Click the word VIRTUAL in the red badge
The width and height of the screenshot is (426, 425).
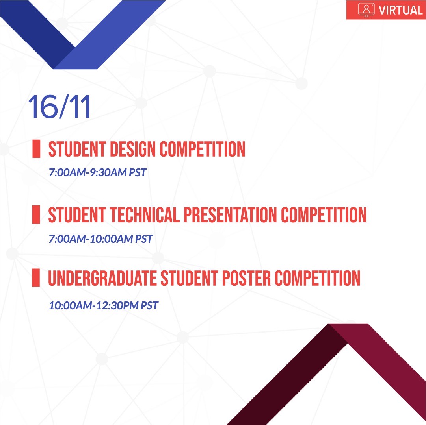coord(400,10)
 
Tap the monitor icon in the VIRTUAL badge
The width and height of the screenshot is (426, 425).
coord(366,10)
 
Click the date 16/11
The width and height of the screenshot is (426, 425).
coord(59,107)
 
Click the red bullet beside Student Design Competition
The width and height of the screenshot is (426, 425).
coord(36,149)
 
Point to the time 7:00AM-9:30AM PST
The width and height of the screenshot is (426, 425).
coord(97,172)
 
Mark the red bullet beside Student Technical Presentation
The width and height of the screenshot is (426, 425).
coord(36,215)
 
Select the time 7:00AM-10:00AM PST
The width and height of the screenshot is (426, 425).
coord(100,238)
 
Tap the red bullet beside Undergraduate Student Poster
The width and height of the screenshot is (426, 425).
coord(36,278)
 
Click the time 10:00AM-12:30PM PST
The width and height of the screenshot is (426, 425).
coord(103,305)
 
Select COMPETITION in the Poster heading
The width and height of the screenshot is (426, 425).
coord(318,278)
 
